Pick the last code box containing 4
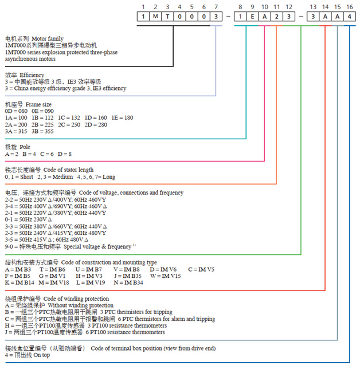pyautogui.click(x=350, y=16)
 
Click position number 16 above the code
pyautogui.click(x=350, y=6)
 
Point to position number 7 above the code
pyautogui.click(x=216, y=6)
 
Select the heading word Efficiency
pyautogui.click(x=33, y=75)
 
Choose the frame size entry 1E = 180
pyautogui.click(x=122, y=117)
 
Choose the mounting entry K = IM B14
pyautogui.click(x=19, y=282)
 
